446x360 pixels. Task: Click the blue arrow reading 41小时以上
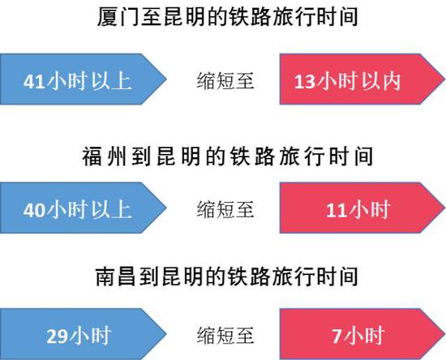tap(83, 79)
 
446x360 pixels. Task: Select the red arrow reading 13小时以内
tap(362, 79)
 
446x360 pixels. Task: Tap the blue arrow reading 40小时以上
tap(83, 208)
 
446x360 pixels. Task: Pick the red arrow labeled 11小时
tap(362, 208)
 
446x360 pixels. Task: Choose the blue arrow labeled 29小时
tap(83, 334)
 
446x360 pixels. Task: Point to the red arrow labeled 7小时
tap(362, 334)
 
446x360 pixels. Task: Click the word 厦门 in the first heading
tap(118, 16)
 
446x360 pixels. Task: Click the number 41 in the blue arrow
tap(34, 82)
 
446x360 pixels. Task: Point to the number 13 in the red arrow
tap(305, 82)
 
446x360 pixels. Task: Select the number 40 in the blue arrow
tap(34, 210)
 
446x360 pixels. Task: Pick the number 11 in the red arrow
tap(337, 210)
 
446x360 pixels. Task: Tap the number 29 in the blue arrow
tap(58, 336)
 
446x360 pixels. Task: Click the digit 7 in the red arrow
tap(337, 336)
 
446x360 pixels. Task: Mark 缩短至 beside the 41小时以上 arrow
tap(225, 81)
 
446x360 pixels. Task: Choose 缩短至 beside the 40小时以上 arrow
tap(225, 209)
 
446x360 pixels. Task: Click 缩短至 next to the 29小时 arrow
tap(225, 336)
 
